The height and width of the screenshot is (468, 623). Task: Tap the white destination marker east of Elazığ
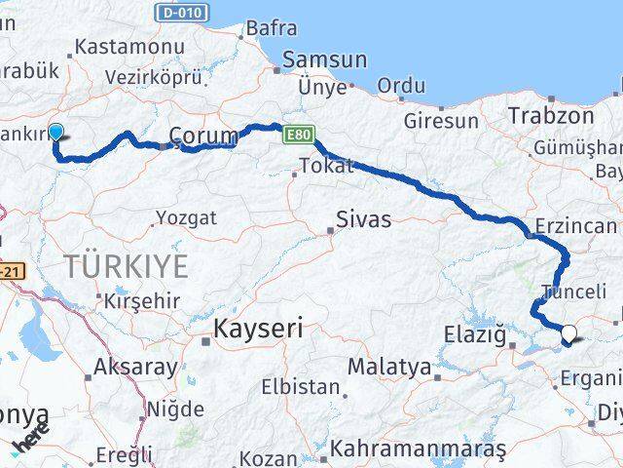(x=568, y=335)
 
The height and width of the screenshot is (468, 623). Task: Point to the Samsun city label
(x=324, y=59)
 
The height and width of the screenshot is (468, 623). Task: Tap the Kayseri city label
(x=258, y=329)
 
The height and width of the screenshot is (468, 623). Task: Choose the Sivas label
(x=363, y=219)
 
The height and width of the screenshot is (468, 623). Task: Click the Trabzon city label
(x=550, y=115)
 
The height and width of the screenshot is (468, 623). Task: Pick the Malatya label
(x=388, y=367)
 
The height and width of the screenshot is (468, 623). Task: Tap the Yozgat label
(x=186, y=217)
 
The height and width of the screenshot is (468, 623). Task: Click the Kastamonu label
(x=129, y=47)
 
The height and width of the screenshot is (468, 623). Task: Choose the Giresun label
(x=442, y=121)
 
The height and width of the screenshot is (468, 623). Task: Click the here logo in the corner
(x=30, y=442)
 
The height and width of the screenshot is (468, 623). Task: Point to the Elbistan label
(x=299, y=386)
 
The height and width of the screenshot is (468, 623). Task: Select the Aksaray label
(x=135, y=369)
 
